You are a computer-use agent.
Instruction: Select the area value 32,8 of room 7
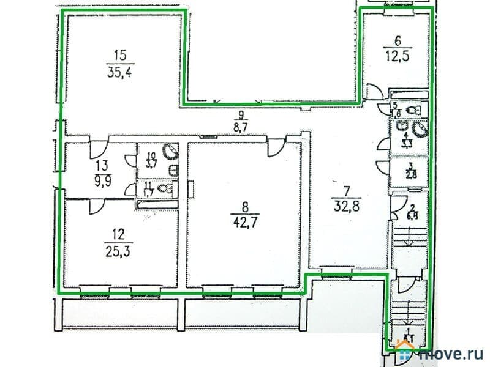pyautogui.click(x=344, y=198)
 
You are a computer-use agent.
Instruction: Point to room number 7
pyautogui.click(x=343, y=182)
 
